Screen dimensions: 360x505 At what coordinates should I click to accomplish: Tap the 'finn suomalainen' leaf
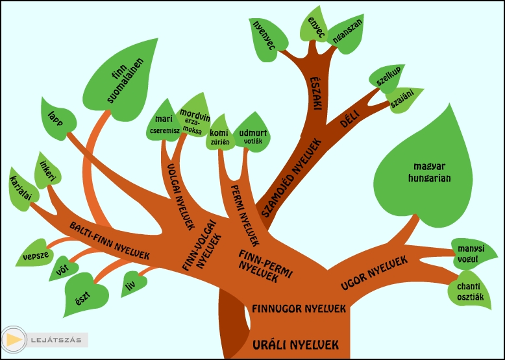pos(124,82)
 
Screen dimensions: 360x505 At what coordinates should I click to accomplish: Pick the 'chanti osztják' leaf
pos(467,290)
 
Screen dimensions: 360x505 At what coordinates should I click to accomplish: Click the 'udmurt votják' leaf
pos(252,134)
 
